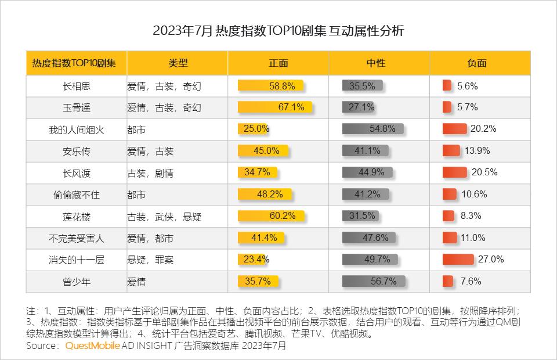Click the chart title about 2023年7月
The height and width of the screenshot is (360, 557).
point(278,31)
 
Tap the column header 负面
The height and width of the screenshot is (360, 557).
point(476,63)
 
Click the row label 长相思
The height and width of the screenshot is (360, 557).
point(77,86)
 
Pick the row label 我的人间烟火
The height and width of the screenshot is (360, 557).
point(77,129)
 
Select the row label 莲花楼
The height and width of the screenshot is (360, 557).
point(77,217)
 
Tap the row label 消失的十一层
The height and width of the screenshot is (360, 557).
point(77,260)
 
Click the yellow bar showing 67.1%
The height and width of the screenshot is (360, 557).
point(275,107)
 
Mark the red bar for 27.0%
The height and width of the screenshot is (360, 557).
point(458,260)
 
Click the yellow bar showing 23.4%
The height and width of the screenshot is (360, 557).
point(254,260)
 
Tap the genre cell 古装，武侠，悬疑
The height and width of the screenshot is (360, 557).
point(164,217)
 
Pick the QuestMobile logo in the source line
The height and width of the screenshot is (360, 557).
point(92,346)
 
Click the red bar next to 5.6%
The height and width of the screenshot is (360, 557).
point(447,86)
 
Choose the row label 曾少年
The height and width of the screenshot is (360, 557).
point(77,282)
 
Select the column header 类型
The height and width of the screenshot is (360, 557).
point(178,63)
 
